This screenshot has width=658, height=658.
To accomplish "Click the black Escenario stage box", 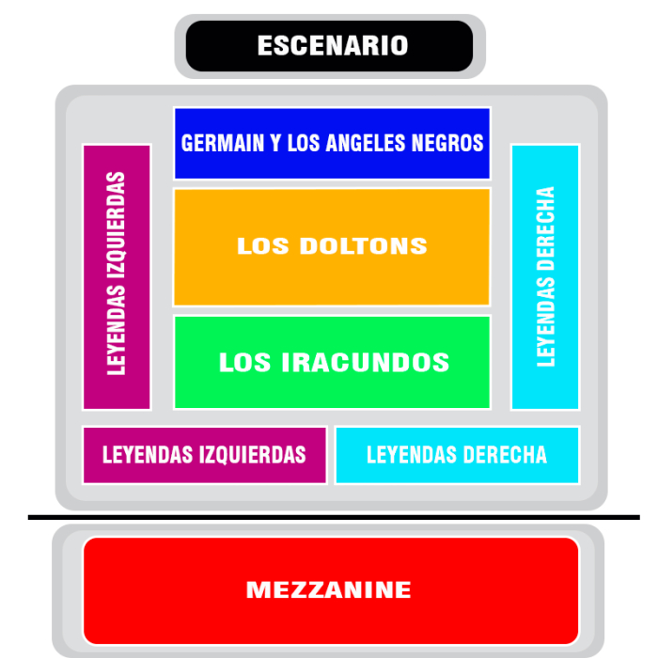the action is [x=329, y=46].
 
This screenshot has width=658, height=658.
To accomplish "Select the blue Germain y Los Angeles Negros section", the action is [x=332, y=144].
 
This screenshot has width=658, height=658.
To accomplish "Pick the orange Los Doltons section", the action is [x=332, y=246].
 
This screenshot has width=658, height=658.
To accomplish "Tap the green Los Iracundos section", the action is [x=332, y=362].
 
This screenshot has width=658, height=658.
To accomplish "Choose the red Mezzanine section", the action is [x=331, y=590].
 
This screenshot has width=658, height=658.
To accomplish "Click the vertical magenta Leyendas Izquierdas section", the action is [x=117, y=277].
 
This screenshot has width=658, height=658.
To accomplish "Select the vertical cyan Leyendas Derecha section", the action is [x=545, y=277].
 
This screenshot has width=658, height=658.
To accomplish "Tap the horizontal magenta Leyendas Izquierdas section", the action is [x=205, y=455].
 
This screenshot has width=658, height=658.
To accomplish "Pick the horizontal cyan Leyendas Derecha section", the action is [x=458, y=455].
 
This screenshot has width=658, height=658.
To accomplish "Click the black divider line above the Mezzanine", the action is [x=334, y=517].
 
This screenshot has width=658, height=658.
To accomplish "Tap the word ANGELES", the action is [x=367, y=143].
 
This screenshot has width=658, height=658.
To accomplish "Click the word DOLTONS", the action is [x=364, y=246].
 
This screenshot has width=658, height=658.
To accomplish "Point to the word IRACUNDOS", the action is [x=365, y=362].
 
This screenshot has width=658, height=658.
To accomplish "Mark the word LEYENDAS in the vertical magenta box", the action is [x=117, y=330].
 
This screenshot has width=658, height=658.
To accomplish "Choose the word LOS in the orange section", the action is [x=263, y=246].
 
